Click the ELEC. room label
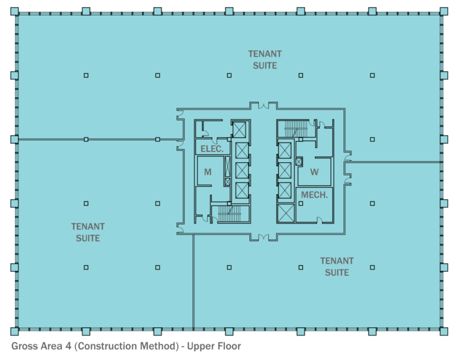tap(212, 149)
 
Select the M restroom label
tap(208, 172)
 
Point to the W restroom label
tap(314, 172)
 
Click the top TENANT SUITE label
tap(265, 60)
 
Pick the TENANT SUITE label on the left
tap(88, 232)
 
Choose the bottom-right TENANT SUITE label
tap(337, 266)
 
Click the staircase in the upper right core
tap(293, 128)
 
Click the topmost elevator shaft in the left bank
tap(240, 129)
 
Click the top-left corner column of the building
tap(15, 11)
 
